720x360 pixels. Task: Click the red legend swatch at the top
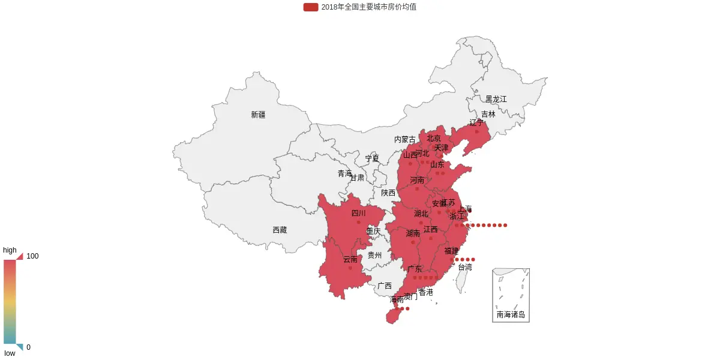coord(311,7)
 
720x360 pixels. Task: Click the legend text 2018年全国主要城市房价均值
coord(368,7)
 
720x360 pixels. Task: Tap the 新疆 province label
coord(258,115)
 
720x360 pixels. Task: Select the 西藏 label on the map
coord(280,230)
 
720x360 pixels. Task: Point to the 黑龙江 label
coord(496,99)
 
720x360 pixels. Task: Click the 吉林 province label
coord(488,114)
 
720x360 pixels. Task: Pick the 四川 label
coord(358,213)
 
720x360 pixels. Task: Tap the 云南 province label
coord(350,260)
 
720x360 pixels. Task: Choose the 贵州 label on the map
coord(374,255)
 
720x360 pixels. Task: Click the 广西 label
coord(385,286)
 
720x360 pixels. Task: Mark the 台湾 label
coord(465,267)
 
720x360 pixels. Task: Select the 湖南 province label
coord(413,233)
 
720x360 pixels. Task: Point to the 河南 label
coord(417,180)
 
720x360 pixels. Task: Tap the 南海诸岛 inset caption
coord(511,314)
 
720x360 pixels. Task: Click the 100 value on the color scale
coord(32,256)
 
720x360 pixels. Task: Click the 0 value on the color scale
coord(28,347)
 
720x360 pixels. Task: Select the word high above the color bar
coord(10,250)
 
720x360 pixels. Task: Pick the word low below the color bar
coord(10,353)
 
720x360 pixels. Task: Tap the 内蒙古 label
coord(404,139)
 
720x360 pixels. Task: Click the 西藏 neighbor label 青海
coord(344,173)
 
